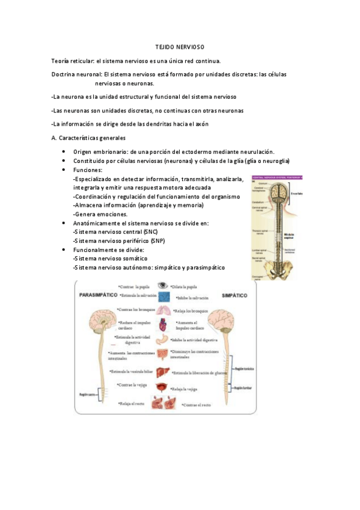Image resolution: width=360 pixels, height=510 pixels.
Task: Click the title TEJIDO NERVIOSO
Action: coord(180,47)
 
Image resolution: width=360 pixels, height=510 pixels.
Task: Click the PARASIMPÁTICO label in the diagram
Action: coord(98,296)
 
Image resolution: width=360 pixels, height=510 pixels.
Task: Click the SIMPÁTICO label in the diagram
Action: coord(234,296)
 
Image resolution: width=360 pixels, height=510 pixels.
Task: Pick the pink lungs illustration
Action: coord(163,310)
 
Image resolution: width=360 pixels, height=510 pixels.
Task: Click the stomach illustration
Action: coord(163,340)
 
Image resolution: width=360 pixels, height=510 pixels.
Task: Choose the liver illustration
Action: coord(163,372)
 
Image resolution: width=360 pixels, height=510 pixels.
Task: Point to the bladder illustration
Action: coord(162,387)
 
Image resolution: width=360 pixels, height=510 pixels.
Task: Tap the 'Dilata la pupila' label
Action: coord(186,287)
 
